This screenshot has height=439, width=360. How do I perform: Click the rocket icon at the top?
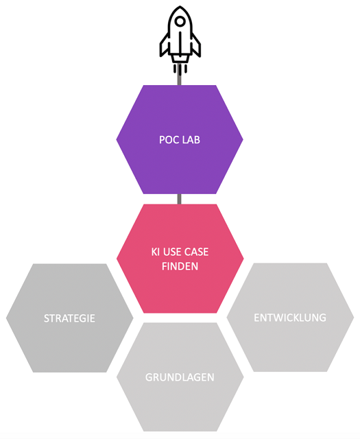(x=180, y=40)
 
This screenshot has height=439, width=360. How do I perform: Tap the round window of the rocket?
(x=180, y=21)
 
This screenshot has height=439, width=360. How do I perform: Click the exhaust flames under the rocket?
(x=180, y=69)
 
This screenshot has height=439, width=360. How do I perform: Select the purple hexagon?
(x=180, y=139)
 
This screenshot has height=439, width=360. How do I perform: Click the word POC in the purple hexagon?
(x=168, y=140)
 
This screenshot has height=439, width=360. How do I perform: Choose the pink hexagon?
(x=180, y=259)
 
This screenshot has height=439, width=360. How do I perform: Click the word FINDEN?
(x=180, y=266)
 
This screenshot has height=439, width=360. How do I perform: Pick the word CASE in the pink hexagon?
(x=196, y=252)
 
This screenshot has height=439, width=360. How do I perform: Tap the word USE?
(x=172, y=252)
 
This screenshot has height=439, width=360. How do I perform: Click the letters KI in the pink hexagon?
(x=156, y=252)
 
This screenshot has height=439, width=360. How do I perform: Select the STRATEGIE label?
(x=69, y=318)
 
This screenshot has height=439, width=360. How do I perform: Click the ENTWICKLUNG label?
(x=290, y=318)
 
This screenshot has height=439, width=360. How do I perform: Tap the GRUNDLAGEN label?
(x=180, y=377)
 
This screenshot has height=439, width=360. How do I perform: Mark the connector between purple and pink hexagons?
(x=180, y=199)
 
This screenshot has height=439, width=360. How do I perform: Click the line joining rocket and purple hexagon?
(x=179, y=80)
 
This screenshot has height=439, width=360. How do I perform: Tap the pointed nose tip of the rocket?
(x=180, y=6)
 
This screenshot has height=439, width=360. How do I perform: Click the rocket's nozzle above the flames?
(x=180, y=58)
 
